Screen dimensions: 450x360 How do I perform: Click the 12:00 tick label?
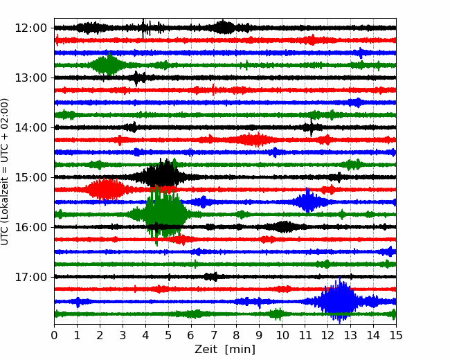tap(30, 28)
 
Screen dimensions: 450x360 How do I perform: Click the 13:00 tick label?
tap(30, 78)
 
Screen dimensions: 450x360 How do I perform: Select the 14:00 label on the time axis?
tap(30, 127)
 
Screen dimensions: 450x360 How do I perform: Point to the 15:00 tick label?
tap(30, 177)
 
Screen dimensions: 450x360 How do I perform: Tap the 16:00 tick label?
tap(30, 227)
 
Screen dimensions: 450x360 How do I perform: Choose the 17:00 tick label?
tap(30, 277)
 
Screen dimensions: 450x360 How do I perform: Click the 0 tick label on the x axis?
tap(54, 335)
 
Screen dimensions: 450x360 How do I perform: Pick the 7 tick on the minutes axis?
tap(214, 335)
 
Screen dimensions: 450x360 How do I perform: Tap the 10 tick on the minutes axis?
tap(282, 335)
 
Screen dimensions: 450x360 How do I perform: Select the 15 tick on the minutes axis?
tap(396, 335)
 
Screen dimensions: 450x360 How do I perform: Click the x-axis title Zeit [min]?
tap(225, 350)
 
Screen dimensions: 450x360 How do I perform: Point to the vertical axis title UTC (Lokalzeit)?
tap(4, 172)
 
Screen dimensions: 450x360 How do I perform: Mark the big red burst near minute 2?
tap(106, 189)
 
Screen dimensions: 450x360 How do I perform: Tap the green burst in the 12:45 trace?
tap(108, 64)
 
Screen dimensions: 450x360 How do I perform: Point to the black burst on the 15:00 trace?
tap(163, 176)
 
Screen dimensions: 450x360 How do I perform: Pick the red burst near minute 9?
tap(250, 140)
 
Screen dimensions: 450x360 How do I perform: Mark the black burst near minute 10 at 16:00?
tap(283, 227)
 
